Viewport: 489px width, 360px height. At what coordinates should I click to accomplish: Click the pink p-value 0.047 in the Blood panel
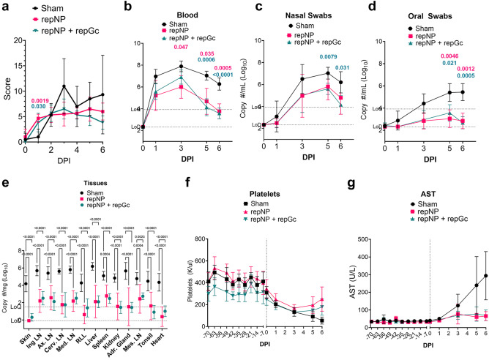[182, 47]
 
